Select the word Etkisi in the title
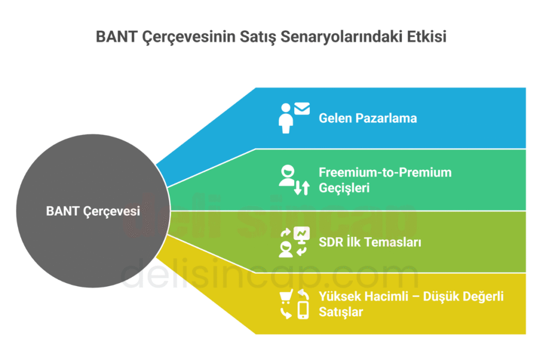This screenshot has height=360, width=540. coord(427,36)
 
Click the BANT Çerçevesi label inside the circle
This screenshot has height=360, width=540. coord(93,211)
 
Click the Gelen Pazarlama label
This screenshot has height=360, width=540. coord(368,118)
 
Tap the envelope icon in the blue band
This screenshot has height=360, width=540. coord(302,109)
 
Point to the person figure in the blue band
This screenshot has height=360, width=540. coord(286,118)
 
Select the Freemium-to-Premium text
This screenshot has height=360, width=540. coord(385,172)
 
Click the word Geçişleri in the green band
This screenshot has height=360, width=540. coord(344,188)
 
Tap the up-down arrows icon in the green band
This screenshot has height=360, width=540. coord(302,188)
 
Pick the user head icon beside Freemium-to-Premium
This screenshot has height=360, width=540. coord(287,176)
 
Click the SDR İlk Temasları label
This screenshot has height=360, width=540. coord(370,242)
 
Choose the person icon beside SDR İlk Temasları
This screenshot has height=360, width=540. coord(286,249)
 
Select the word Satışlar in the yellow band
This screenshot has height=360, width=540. coord(341,312)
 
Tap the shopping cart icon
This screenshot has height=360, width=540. coord(286,296)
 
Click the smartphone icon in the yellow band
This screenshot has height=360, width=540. coord(303,310)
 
